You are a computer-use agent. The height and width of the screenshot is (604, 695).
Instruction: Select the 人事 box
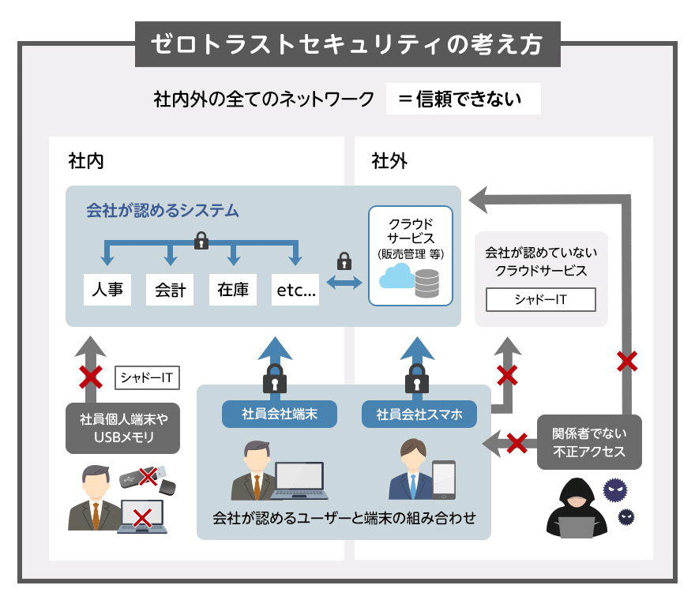point(107,290)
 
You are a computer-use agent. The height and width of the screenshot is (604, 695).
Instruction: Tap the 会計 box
point(170,290)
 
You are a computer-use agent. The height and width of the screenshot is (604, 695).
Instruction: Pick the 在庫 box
point(233,290)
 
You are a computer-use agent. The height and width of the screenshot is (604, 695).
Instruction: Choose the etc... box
point(295,290)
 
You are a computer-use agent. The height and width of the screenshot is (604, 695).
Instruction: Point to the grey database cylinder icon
point(426,282)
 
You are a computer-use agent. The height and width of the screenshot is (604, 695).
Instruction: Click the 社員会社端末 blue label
point(280,414)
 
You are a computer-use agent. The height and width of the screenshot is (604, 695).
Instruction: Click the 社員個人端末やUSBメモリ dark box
point(122,429)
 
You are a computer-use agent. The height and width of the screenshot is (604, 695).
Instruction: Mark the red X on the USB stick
point(147,475)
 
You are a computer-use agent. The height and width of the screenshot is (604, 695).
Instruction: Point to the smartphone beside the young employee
point(443,479)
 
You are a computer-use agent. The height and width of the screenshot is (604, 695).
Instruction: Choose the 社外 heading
point(389,161)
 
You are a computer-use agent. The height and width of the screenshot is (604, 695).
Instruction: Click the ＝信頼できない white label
point(463,99)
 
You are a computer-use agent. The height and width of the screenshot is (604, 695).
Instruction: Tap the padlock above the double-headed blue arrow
point(344,261)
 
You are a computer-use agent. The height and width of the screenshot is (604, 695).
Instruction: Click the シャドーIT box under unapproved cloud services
point(541,300)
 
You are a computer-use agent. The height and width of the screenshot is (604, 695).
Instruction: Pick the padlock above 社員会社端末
point(274,380)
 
